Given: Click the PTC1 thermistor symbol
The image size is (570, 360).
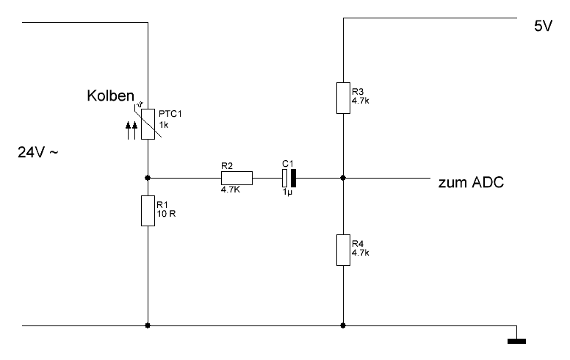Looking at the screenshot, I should click(x=148, y=124).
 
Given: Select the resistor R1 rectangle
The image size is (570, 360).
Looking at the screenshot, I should click(x=148, y=210).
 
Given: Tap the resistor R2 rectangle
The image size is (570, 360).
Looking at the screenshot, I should click(x=237, y=177).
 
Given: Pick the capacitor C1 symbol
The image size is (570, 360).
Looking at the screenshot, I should click(x=288, y=177).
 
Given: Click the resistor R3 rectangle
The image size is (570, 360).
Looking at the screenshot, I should click(x=343, y=98).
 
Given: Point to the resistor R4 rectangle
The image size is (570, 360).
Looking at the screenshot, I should click(x=343, y=249).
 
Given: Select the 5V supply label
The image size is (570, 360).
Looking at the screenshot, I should click(x=543, y=26).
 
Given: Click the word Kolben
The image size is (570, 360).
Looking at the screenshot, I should click(x=111, y=96).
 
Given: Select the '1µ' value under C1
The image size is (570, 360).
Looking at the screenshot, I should click(x=287, y=191).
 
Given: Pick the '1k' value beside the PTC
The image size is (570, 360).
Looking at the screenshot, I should click(x=164, y=125).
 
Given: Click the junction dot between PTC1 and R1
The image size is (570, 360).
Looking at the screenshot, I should click(x=148, y=177).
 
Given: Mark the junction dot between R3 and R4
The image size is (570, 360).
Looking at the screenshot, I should click(x=343, y=177).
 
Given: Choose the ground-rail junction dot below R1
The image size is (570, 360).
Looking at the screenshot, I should click(x=148, y=324).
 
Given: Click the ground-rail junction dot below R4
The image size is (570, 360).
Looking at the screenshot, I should click(x=343, y=324).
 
